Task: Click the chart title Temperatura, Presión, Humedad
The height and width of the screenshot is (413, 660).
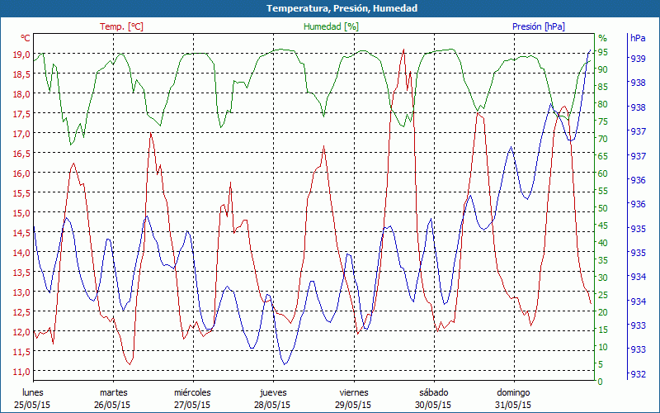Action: tap(330, 8)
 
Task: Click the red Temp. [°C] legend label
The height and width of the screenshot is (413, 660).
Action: tap(122, 26)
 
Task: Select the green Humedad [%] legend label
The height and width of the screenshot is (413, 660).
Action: tap(331, 26)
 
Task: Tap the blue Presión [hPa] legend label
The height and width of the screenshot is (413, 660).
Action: tap(539, 26)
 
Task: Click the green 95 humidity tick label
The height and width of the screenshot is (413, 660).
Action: tap(602, 52)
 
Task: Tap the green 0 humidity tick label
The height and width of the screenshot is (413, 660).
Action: tap(600, 382)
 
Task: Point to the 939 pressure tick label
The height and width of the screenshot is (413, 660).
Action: tap(638, 59)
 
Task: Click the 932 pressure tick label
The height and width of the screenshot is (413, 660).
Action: tap(638, 374)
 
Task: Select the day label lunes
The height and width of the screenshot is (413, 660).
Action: tap(33, 392)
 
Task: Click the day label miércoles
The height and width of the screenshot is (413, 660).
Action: tap(193, 392)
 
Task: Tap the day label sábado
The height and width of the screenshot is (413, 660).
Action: tap(433, 392)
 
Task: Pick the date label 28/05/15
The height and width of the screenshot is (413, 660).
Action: tap(273, 405)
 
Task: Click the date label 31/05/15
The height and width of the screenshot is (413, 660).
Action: tap(513, 405)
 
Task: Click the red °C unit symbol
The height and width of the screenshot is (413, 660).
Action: tap(26, 38)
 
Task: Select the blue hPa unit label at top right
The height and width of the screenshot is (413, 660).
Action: tap(638, 38)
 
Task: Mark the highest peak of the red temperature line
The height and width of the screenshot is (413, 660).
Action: tap(403, 50)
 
